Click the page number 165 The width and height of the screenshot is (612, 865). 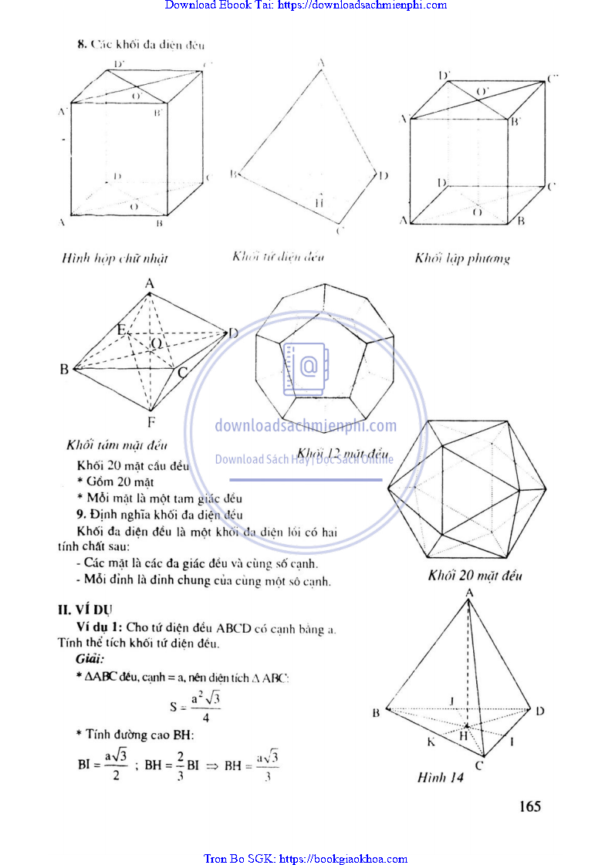click(529, 806)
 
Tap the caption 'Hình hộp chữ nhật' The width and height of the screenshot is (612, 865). click(115, 258)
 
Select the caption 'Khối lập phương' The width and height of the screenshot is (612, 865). click(462, 258)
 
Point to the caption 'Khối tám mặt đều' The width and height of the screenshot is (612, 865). click(117, 445)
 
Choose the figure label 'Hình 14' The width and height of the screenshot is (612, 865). click(440, 778)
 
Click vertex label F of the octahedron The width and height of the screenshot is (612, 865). click(151, 422)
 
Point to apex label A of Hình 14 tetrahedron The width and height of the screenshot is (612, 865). click(468, 592)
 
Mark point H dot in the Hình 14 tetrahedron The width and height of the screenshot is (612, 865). click(466, 726)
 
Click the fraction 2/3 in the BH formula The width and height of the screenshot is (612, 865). click(179, 767)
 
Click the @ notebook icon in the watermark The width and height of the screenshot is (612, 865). click(306, 367)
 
